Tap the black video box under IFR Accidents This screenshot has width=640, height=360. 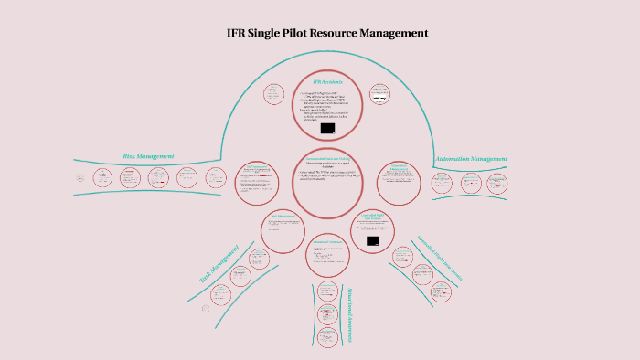coord(327,129)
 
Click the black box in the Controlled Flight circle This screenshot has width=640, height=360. coord(372,241)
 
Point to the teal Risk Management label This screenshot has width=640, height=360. coord(148,156)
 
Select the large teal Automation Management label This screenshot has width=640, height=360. coord(470,159)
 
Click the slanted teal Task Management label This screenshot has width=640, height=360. coord(219,263)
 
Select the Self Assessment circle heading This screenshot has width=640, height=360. coord(256,166)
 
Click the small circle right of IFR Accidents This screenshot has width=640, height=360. coord(379,93)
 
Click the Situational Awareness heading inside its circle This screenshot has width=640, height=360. coord(327,242)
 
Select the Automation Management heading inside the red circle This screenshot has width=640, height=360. coord(399,167)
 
